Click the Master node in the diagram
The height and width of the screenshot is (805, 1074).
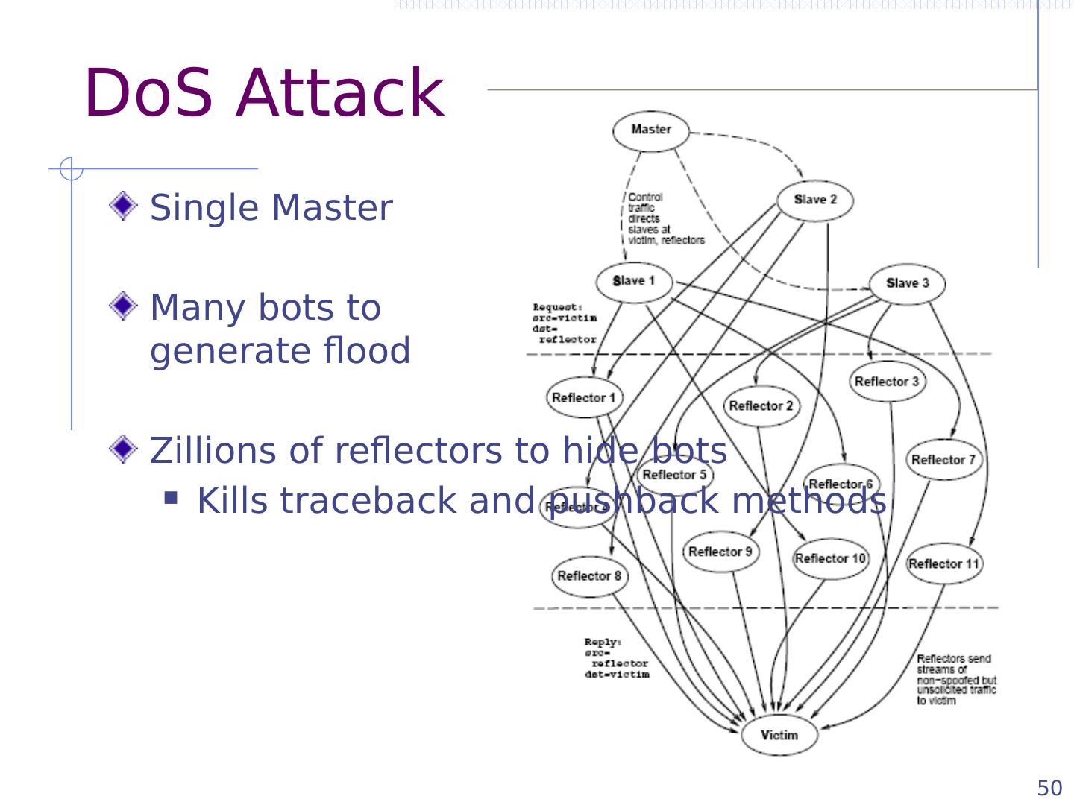pos(651,130)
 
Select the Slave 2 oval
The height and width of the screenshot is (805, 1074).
pos(815,200)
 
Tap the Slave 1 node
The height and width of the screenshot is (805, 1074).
pos(634,281)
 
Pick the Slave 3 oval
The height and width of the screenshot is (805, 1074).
pos(907,283)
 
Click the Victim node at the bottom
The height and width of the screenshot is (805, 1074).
pos(779,735)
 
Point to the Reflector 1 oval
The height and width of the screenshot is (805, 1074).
pos(584,397)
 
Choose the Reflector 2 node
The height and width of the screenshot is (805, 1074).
pos(761,405)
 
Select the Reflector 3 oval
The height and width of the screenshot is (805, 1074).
pos(887,382)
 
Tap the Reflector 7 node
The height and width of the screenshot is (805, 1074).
pos(943,459)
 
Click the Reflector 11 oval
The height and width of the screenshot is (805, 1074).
pos(944,563)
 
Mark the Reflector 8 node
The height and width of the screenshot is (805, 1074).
pos(589,575)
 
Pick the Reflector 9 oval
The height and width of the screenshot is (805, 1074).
pos(720,552)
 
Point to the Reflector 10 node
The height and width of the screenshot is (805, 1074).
pos(830,558)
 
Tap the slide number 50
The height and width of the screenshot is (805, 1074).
pos(1049,788)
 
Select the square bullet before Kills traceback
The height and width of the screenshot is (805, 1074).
pos(172,497)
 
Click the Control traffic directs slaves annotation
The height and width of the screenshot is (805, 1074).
pos(664,218)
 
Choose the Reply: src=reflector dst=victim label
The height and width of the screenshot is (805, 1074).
pos(616,658)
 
